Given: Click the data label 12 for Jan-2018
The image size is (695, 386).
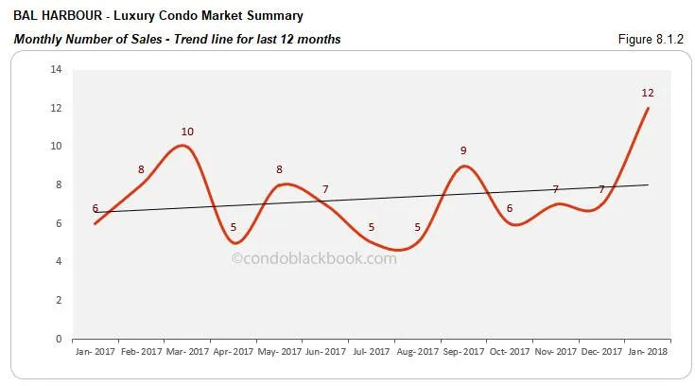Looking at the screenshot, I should pos(648,93).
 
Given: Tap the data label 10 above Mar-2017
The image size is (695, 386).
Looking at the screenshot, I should pos(187,132).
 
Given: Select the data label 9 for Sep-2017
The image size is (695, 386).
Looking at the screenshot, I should pos(463,150).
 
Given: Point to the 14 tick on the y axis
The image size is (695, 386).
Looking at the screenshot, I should pos(57,70).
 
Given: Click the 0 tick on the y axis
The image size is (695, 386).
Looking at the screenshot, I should pos(60,339).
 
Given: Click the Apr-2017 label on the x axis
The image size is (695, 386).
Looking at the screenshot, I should pos(234,351).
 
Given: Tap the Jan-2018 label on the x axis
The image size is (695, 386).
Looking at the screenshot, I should pos(648,351).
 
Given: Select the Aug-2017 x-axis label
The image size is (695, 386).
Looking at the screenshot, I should pos(418,351).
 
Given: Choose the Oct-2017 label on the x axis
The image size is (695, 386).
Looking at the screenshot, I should pos(510,351).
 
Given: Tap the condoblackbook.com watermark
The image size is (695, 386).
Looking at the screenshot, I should pos(315,257).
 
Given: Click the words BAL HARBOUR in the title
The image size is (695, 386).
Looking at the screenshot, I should pos(48,16).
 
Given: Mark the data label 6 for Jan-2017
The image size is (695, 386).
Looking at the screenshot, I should pos(96,208).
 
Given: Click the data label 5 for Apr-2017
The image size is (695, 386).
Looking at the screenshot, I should pos(234,228).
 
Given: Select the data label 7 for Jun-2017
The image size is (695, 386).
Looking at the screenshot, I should pos(325,189).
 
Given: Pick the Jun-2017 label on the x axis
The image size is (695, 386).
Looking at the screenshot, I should pos(325,351).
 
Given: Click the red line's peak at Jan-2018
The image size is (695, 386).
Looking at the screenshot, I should pos(648,108).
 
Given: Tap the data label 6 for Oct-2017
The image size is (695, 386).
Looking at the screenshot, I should pos(510,208).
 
